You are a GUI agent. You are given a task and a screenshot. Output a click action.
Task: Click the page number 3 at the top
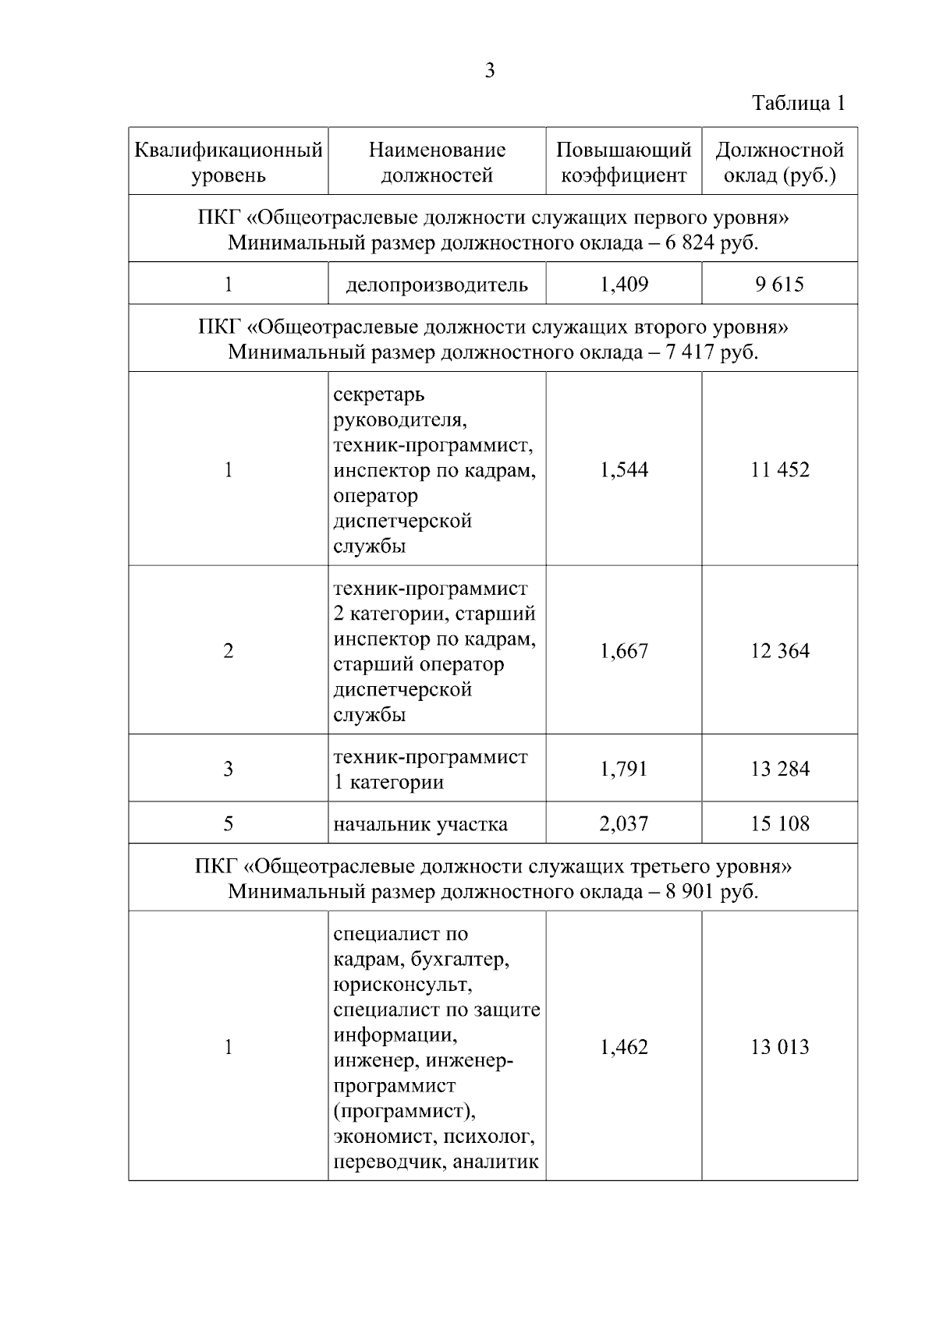490,71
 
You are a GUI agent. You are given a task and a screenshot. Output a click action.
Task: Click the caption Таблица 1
798,103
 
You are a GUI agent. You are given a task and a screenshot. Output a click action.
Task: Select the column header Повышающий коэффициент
624,162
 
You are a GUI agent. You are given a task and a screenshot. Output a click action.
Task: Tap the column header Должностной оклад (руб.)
780,162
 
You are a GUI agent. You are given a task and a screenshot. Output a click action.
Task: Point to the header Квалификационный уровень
229,162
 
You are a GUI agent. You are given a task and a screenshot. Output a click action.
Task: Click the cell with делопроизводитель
437,285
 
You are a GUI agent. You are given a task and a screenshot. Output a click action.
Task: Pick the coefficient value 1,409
624,285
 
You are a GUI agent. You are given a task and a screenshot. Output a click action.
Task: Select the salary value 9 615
780,285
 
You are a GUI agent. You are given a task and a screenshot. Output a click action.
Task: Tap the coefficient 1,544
624,469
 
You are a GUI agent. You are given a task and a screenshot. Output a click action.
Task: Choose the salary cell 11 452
780,469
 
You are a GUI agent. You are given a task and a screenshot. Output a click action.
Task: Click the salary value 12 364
780,651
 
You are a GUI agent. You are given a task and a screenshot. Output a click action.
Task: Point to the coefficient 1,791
624,769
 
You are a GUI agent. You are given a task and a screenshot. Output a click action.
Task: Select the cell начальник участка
420,824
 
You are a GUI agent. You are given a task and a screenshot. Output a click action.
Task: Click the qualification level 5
229,824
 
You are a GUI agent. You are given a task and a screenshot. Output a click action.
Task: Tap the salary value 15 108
780,824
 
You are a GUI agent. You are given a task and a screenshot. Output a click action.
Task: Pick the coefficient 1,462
624,1047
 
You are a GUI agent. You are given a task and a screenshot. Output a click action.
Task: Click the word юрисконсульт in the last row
402,985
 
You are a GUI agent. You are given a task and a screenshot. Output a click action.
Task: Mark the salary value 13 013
780,1047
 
